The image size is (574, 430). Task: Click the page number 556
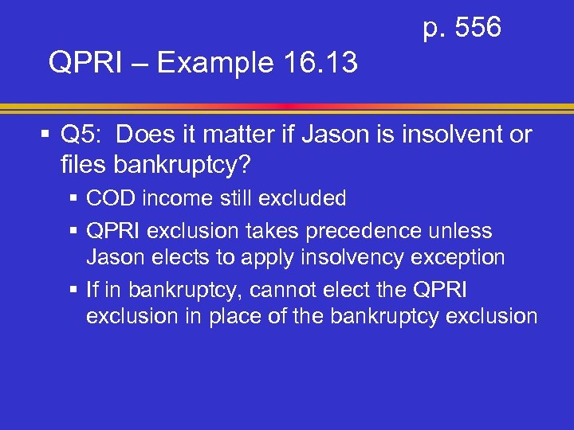475,29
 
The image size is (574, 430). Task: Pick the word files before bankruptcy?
84,166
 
